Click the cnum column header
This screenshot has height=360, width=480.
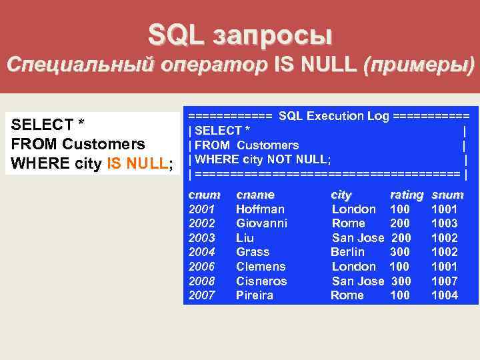pos(203,195)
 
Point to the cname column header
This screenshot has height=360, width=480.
pos(255,195)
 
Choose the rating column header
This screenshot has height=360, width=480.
pos(406,195)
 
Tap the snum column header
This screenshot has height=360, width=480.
pos(447,195)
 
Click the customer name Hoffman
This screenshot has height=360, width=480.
pos(260,209)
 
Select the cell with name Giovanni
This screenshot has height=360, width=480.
pos(261,223)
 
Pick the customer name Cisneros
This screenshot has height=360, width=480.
pos(261,281)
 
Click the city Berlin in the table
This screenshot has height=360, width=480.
pos(347,252)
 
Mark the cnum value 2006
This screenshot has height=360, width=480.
pos(203,267)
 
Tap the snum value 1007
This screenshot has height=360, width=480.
pos(445,281)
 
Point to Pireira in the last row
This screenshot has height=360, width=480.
pos(255,295)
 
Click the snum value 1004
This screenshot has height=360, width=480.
pos(445,295)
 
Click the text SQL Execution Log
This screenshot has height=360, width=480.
pos(333,116)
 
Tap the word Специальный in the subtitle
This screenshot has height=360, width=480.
pos(79,65)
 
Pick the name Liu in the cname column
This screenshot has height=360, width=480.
pos(245,238)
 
